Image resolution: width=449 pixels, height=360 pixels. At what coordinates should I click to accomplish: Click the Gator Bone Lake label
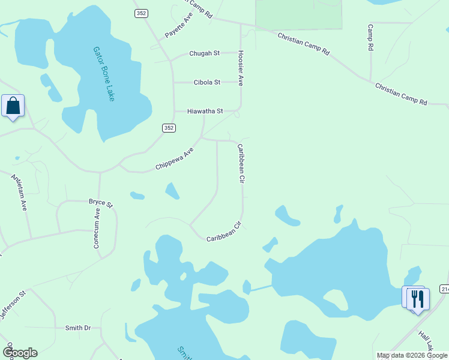[x=103, y=74]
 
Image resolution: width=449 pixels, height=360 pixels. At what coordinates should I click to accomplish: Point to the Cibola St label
[x=206, y=82]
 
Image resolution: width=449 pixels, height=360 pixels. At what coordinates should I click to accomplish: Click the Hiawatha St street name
[x=205, y=111]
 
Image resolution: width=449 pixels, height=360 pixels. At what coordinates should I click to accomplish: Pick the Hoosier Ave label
[x=241, y=67]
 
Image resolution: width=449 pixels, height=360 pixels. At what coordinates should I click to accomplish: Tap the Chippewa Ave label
[x=175, y=158]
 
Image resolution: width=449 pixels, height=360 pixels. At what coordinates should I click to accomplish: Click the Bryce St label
[x=101, y=203]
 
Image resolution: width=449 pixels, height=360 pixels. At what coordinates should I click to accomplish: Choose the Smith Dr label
[x=78, y=328]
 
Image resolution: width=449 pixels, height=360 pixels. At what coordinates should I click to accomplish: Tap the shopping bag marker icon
[x=13, y=106]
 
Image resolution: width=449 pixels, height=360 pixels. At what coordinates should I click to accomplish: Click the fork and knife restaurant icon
[x=418, y=299]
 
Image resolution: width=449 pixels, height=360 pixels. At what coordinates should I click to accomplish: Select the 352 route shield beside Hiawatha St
[x=169, y=127]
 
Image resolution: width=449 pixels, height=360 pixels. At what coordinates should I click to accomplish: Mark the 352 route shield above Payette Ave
[x=141, y=13]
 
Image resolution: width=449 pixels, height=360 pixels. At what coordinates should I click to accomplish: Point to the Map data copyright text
[x=412, y=355]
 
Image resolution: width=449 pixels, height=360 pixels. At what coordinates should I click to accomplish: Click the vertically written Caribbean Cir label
[x=241, y=163]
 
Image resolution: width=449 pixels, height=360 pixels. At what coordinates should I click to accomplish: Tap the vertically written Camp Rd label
[x=370, y=37]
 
